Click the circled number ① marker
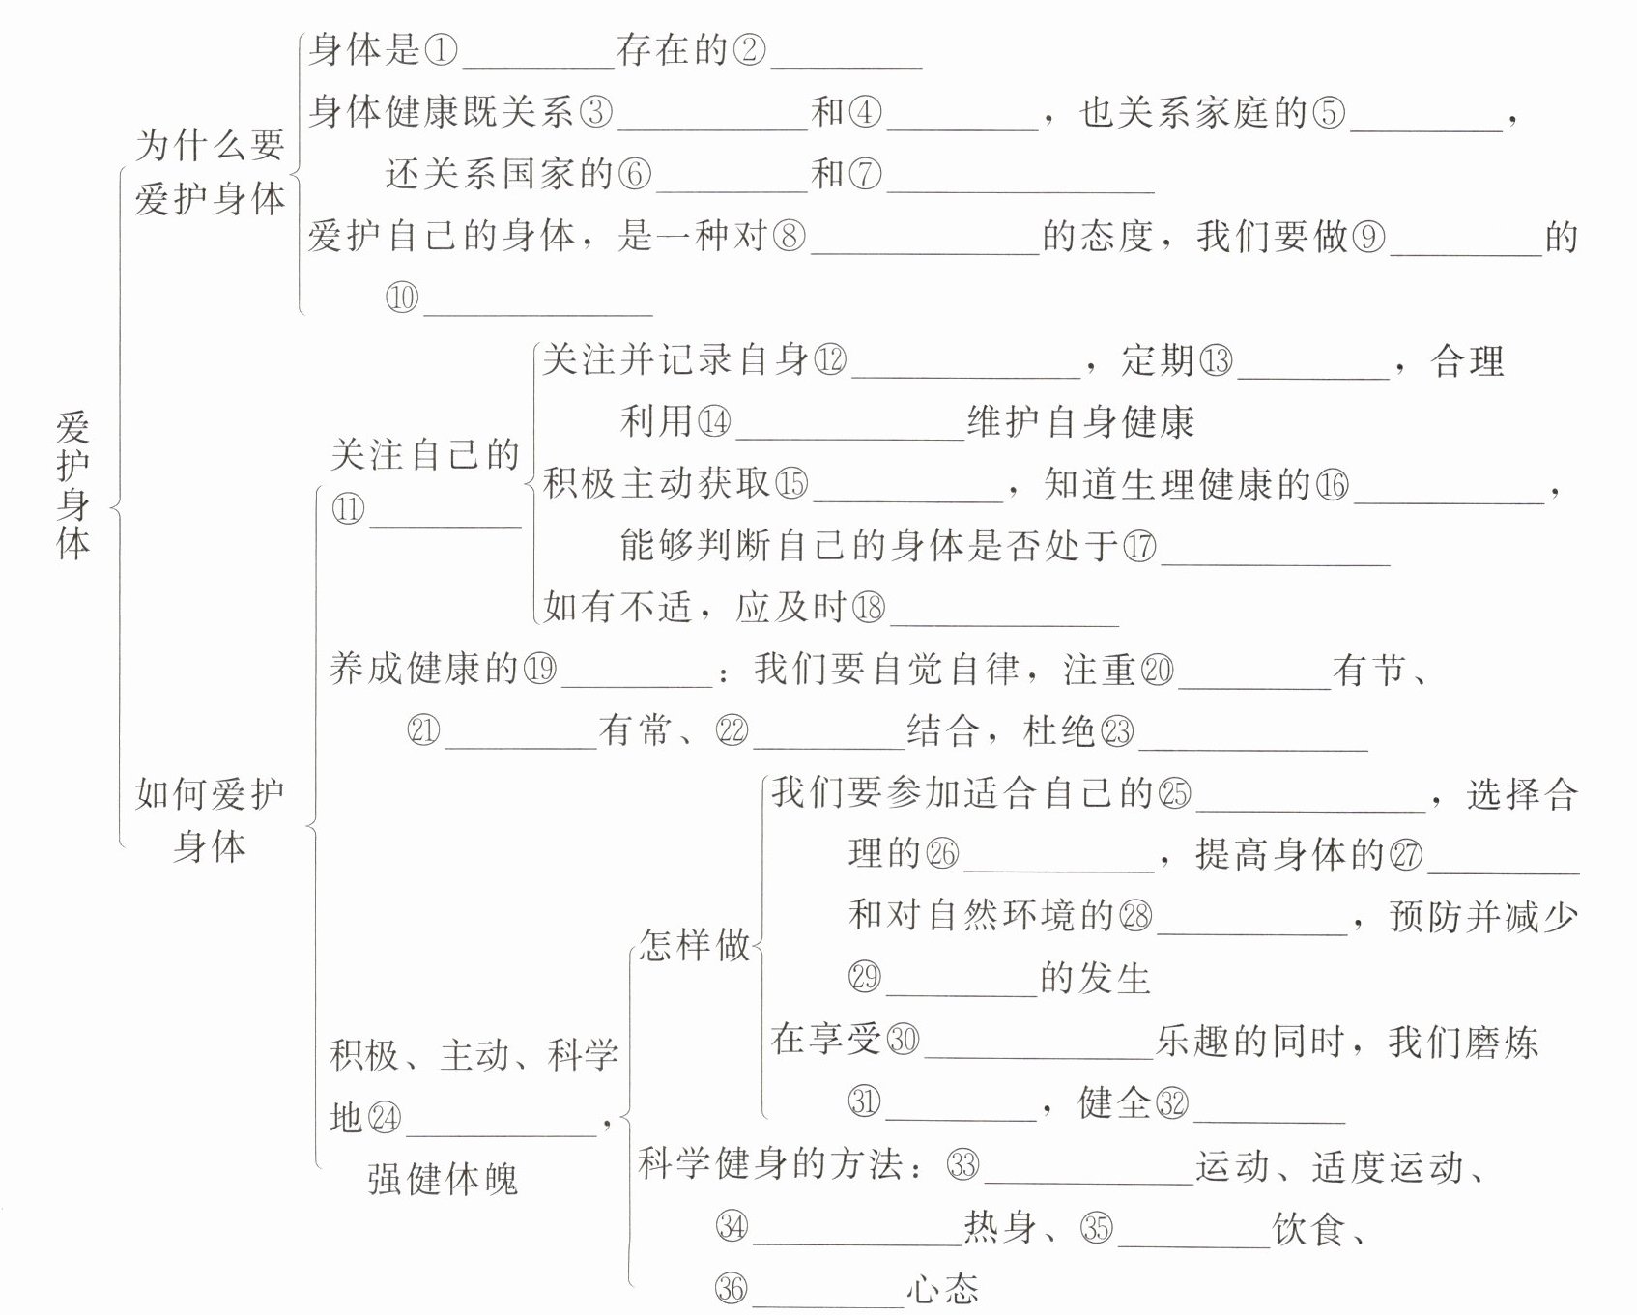coord(441,50)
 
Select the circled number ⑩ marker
coord(402,297)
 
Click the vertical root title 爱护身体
coord(73,484)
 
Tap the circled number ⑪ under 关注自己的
coord(348,509)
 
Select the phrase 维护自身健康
coord(1081,422)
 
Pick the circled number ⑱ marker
coord(868,608)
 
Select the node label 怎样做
coord(695,944)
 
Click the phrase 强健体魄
coord(443,1179)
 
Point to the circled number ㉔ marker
coord(384,1118)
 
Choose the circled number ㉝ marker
coord(962,1165)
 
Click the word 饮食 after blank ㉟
coord(1308,1229)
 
